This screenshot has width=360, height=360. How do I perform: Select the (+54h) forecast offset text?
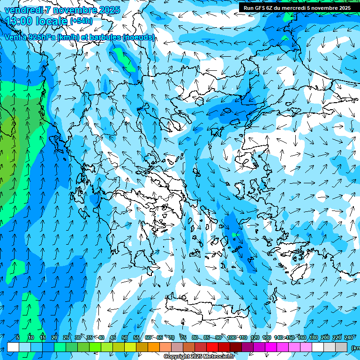coord(81,21)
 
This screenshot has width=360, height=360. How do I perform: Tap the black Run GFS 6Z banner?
coord(297,7)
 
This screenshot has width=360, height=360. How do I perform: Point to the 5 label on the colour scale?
coord(17,338)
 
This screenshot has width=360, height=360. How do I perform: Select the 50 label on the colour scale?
coord(125,338)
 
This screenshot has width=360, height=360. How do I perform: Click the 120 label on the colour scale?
coord(255,338)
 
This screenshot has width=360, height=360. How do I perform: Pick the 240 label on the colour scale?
coord(349,338)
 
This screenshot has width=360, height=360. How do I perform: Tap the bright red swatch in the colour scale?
coord(212,347)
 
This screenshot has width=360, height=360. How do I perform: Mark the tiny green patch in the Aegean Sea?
coord(235,234)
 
